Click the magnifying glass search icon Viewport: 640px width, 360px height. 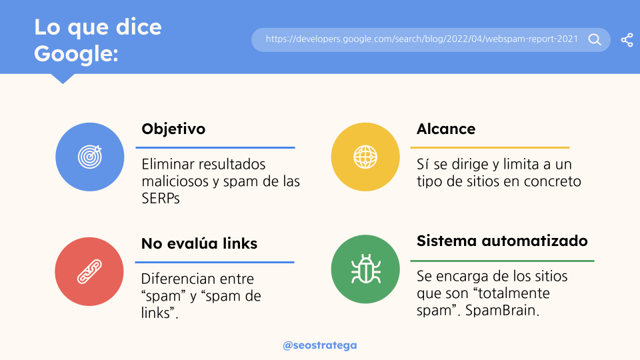pos(595,39)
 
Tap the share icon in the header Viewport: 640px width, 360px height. pos(627,40)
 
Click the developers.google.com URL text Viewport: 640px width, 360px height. pos(421,39)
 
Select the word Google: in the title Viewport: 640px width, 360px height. pos(76,54)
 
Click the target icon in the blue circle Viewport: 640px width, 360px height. pos(90,157)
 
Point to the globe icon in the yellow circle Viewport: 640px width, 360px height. pos(365,157)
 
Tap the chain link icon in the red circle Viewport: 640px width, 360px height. pos(89,271)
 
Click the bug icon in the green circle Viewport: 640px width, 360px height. pos(366,269)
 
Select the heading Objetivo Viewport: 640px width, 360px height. pos(173,129)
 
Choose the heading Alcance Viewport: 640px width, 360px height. pos(446,129)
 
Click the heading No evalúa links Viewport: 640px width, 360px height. pos(199,244)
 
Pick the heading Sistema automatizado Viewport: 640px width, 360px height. pos(502,241)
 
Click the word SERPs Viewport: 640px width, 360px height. pos(161,199)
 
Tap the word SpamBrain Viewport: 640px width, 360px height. pos(502,310)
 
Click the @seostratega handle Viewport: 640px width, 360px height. pos(320,345)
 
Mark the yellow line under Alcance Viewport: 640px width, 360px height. pos(490,147)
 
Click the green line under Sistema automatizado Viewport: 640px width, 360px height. pos(502,261)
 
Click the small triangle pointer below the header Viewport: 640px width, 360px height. pos(63,79)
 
